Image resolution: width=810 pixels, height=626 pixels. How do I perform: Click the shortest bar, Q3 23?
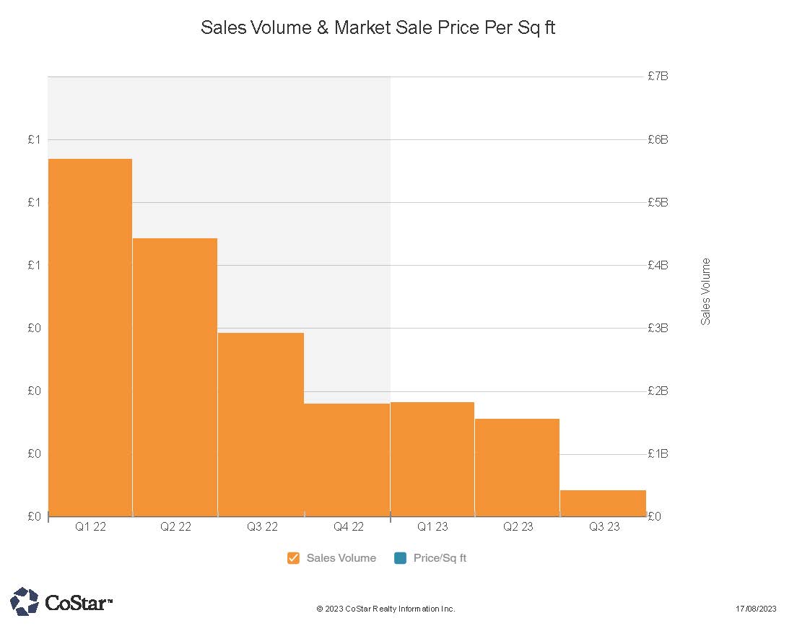603,503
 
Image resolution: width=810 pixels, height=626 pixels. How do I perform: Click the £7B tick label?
658,76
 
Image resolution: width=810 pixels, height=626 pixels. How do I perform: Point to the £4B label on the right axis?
658,265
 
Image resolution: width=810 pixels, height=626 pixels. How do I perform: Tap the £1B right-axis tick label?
658,453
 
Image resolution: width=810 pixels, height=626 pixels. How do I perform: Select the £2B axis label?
658,391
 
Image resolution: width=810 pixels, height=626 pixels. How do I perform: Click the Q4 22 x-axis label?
349,527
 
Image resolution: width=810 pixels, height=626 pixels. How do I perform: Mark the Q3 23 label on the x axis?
604,527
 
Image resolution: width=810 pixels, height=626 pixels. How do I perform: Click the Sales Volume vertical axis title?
706,291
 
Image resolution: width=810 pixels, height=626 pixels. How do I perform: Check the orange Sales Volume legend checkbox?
293,558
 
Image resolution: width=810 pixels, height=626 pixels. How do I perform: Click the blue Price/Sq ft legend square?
400,558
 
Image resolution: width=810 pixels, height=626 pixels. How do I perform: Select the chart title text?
378,28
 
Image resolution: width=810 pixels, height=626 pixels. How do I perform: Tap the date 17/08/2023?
756,609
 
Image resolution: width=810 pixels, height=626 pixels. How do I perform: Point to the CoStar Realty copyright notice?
386,609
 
